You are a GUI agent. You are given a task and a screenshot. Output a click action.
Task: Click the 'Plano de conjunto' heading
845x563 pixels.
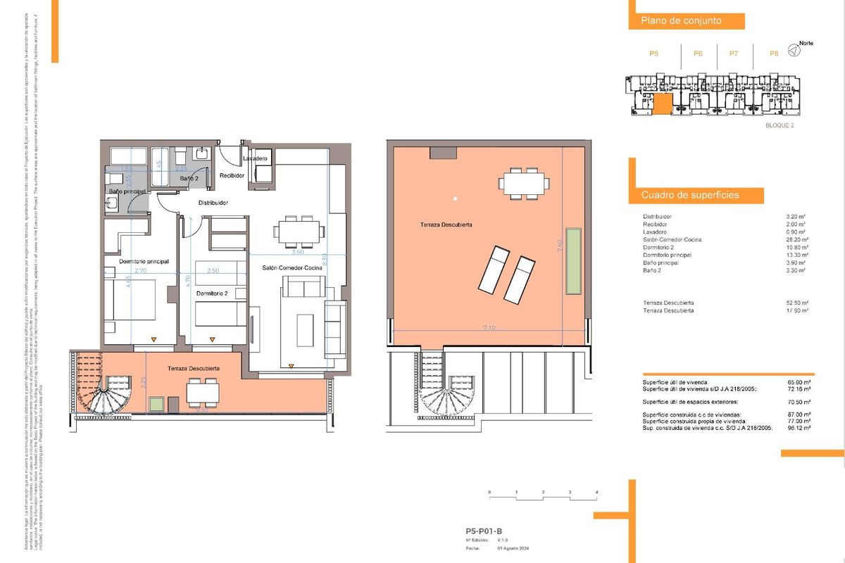pos(680,21)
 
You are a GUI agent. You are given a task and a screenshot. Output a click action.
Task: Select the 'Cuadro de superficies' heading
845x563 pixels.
pos(689,195)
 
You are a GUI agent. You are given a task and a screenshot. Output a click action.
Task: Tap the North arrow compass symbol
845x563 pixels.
pos(794,50)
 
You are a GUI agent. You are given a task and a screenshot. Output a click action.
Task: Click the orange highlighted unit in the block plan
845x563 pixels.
pos(662,104)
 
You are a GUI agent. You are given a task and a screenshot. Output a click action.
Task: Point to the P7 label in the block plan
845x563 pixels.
pos(734,53)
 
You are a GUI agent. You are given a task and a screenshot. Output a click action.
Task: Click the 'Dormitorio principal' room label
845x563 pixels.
pos(144,262)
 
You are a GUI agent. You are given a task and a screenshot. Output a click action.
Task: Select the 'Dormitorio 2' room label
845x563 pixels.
pos(211,293)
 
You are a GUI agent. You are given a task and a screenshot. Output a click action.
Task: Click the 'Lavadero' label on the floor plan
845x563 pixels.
pos(256,159)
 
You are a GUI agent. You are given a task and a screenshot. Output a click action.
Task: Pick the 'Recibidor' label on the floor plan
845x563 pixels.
pos(231,175)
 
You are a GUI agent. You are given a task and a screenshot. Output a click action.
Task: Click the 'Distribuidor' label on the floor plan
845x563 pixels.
pos(213,203)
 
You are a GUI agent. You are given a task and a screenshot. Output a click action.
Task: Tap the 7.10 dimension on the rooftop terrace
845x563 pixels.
pos(489,327)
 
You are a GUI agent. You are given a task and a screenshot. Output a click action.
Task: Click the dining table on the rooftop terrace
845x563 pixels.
pos(524,182)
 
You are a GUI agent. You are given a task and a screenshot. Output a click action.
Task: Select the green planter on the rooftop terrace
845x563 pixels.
pos(575,261)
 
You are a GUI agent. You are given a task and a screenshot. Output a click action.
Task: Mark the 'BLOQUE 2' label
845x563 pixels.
pos(779,125)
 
